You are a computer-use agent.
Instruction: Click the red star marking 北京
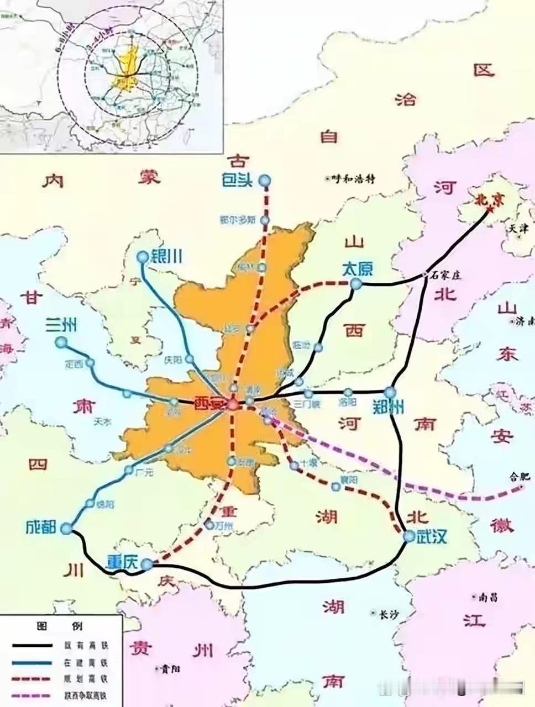pyautogui.click(x=490, y=209)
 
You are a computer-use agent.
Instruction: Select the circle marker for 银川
pyautogui.click(x=143, y=257)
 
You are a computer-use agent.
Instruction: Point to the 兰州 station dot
pyautogui.click(x=61, y=343)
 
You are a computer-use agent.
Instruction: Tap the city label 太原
pyautogui.click(x=358, y=269)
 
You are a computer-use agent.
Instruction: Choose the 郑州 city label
pyautogui.click(x=388, y=407)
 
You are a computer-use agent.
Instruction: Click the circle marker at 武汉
pyautogui.click(x=408, y=536)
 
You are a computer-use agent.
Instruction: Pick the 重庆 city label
pyautogui.click(x=122, y=562)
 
